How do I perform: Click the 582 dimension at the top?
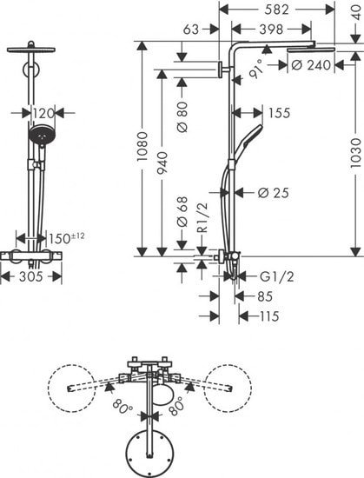point(276,10)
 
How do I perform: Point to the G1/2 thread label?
point(277,277)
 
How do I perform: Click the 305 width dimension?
point(32,277)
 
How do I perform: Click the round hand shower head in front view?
point(40,136)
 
